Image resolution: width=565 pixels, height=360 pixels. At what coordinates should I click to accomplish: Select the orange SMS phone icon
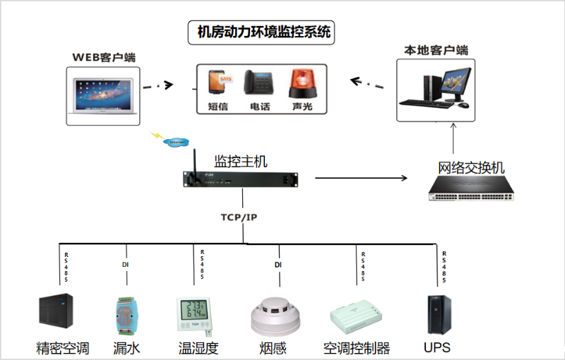tap(219, 83)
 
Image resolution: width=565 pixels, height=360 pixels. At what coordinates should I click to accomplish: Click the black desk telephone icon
tap(258, 83)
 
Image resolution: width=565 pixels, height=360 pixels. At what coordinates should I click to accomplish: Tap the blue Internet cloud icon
tap(176, 142)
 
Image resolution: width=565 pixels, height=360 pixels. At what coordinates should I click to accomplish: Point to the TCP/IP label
tap(239, 217)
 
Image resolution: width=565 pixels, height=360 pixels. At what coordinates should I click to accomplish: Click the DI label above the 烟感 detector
tap(278, 265)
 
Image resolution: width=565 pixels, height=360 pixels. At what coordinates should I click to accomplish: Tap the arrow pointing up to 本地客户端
tap(453, 138)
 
